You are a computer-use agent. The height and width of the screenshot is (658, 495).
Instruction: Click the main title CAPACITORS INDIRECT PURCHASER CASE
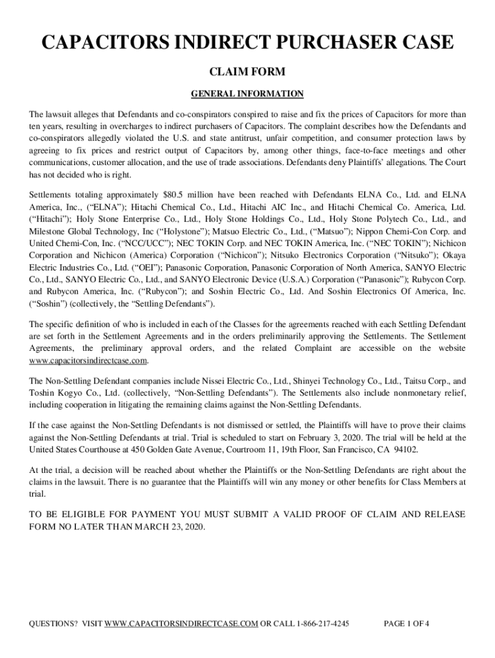[248, 44]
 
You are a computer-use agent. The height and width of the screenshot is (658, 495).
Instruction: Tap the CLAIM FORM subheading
[248, 73]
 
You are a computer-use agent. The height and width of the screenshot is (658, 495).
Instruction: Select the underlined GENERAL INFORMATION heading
[248, 94]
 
